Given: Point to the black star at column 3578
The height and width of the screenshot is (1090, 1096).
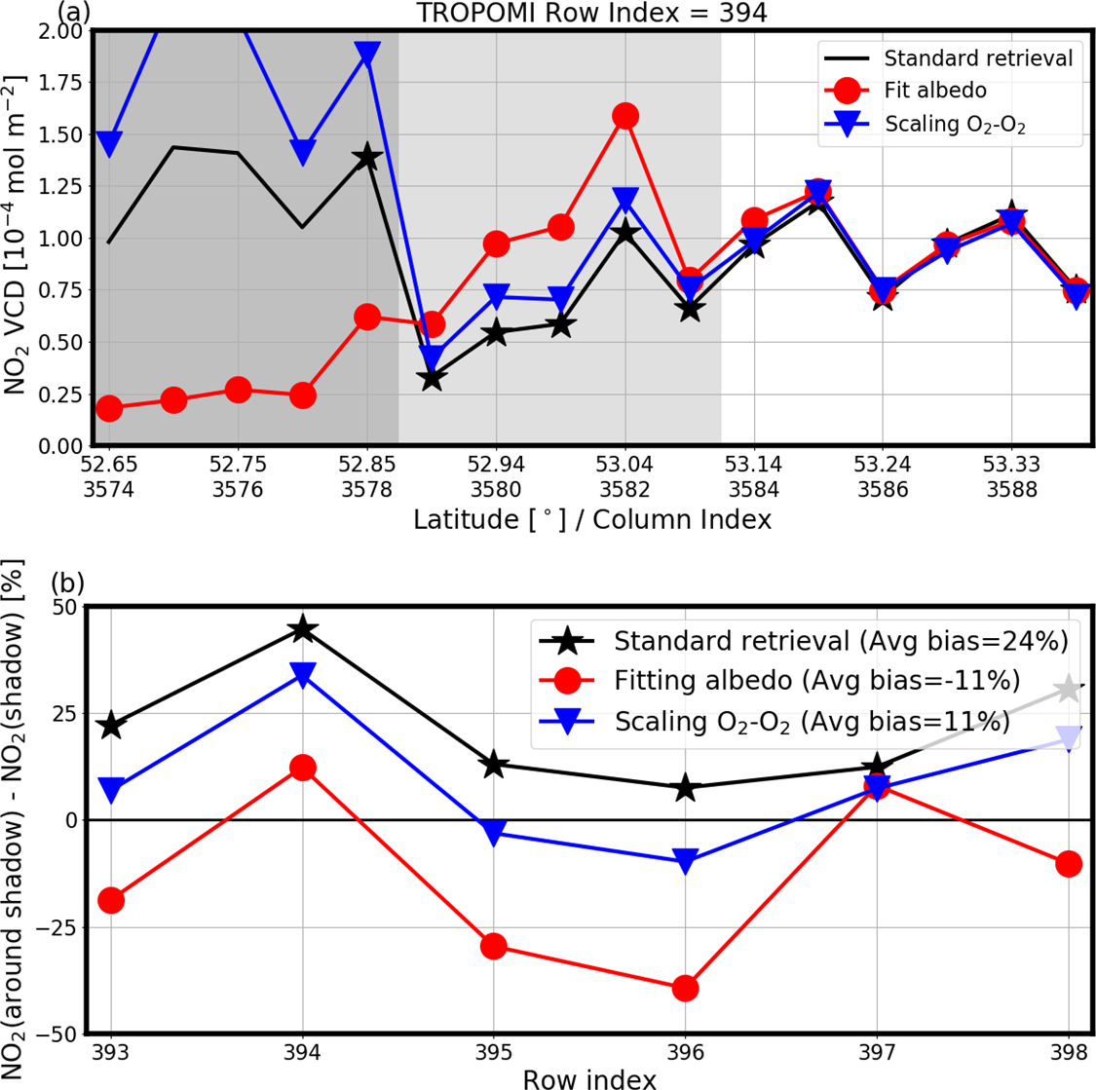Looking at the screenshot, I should pyautogui.click(x=367, y=157).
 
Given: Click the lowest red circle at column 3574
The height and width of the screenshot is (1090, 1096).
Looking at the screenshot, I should pyautogui.click(x=109, y=408).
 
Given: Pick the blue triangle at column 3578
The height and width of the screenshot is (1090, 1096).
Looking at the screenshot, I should pyautogui.click(x=367, y=55).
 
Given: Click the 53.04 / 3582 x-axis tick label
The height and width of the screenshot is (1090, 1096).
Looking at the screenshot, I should pyautogui.click(x=624, y=474).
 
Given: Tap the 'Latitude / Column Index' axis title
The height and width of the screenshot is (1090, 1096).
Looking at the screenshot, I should pyautogui.click(x=591, y=519).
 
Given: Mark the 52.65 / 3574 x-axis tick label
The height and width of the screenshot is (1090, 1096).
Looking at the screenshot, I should pyautogui.click(x=109, y=474).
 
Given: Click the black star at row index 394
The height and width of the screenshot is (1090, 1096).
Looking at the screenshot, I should pyautogui.click(x=303, y=629).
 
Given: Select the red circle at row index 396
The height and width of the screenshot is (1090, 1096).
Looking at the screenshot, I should pyautogui.click(x=686, y=988).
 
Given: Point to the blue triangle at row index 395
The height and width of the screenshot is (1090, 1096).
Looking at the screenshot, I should pyautogui.click(x=494, y=834).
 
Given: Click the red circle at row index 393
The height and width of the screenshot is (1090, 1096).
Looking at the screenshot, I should pyautogui.click(x=111, y=900).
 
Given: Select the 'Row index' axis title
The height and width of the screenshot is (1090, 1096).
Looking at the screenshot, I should pyautogui.click(x=589, y=1077).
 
